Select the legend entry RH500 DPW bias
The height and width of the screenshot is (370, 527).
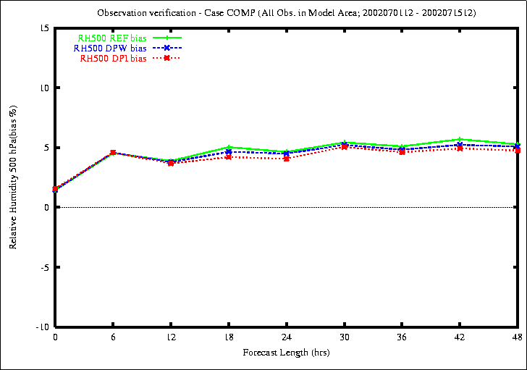(109, 48)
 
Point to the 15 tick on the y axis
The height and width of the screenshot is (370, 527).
(44, 28)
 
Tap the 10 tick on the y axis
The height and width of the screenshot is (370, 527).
(44, 88)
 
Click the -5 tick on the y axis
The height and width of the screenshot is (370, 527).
(46, 267)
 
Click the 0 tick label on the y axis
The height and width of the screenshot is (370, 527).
(47, 208)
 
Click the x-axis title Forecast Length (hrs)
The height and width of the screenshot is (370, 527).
(286, 353)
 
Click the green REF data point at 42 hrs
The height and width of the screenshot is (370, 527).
(460, 139)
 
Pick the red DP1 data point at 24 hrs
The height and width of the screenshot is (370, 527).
(287, 158)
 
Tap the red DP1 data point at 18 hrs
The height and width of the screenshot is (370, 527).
(229, 156)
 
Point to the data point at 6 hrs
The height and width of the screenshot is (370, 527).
(113, 153)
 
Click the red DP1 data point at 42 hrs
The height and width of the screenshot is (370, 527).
(460, 148)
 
